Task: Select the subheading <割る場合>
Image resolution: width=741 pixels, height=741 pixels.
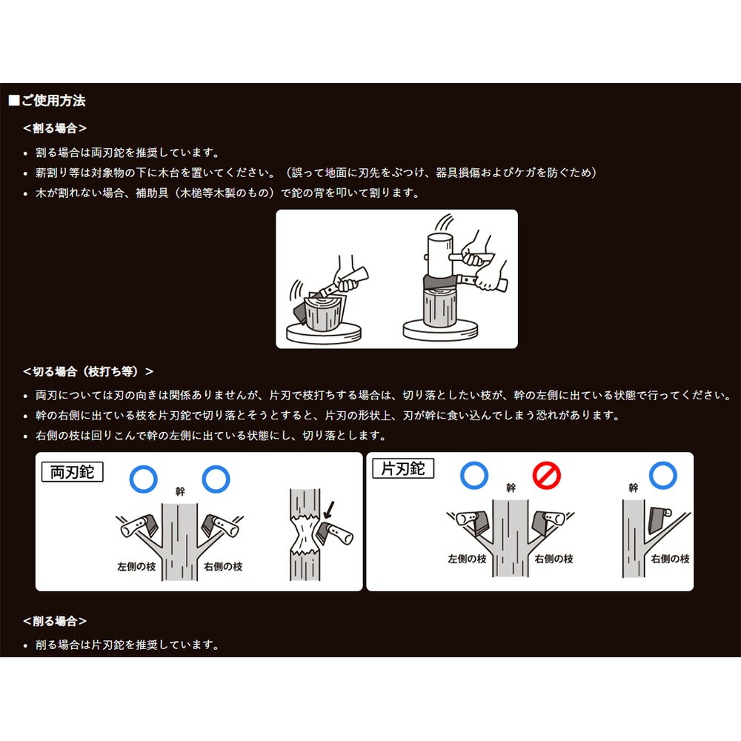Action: (x=55, y=128)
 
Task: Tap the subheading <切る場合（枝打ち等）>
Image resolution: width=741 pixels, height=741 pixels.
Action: (x=88, y=371)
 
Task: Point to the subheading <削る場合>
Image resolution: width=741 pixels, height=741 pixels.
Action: (x=55, y=621)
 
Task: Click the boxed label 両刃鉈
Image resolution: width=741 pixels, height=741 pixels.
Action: (x=72, y=472)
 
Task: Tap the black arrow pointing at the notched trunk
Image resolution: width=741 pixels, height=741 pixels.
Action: (x=328, y=509)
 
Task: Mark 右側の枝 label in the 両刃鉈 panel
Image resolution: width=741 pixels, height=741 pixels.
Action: (x=223, y=566)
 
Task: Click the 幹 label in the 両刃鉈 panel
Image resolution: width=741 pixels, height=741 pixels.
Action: (x=180, y=491)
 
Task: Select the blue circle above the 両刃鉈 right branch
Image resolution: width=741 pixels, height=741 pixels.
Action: (x=216, y=479)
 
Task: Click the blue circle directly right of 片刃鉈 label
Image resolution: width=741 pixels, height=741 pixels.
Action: (x=473, y=474)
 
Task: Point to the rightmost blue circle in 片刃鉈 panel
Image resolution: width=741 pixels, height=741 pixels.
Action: (x=663, y=474)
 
